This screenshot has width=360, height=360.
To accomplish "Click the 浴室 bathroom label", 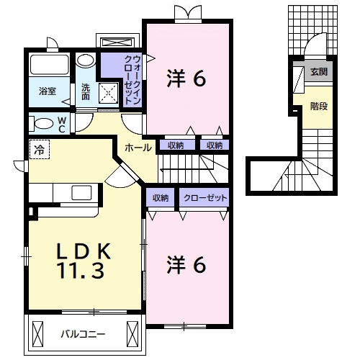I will pyautogui.click(x=48, y=91).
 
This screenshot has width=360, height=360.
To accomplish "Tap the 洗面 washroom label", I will pyautogui.click(x=86, y=91).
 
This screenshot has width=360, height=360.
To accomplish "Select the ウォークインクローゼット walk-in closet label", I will pyautogui.click(x=130, y=77).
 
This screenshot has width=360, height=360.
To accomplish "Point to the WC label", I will pyautogui.click(x=62, y=125).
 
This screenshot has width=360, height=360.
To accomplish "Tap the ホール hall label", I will pyautogui.click(x=138, y=148).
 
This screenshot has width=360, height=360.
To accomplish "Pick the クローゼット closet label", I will pyautogui.click(x=205, y=197).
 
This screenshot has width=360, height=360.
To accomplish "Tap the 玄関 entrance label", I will pyautogui.click(x=319, y=72).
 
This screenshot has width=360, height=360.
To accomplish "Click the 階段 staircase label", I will pyautogui.click(x=319, y=106).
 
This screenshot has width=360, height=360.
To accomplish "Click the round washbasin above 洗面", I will pyautogui.click(x=86, y=60).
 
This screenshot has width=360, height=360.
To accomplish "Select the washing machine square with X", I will pyautogui.click(x=109, y=92).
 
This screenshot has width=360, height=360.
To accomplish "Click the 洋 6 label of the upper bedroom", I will pyautogui.click(x=188, y=78).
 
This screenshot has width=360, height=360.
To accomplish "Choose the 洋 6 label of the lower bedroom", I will pyautogui.click(x=188, y=265).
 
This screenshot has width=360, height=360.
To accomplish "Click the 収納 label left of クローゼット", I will pyautogui.click(x=160, y=197).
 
